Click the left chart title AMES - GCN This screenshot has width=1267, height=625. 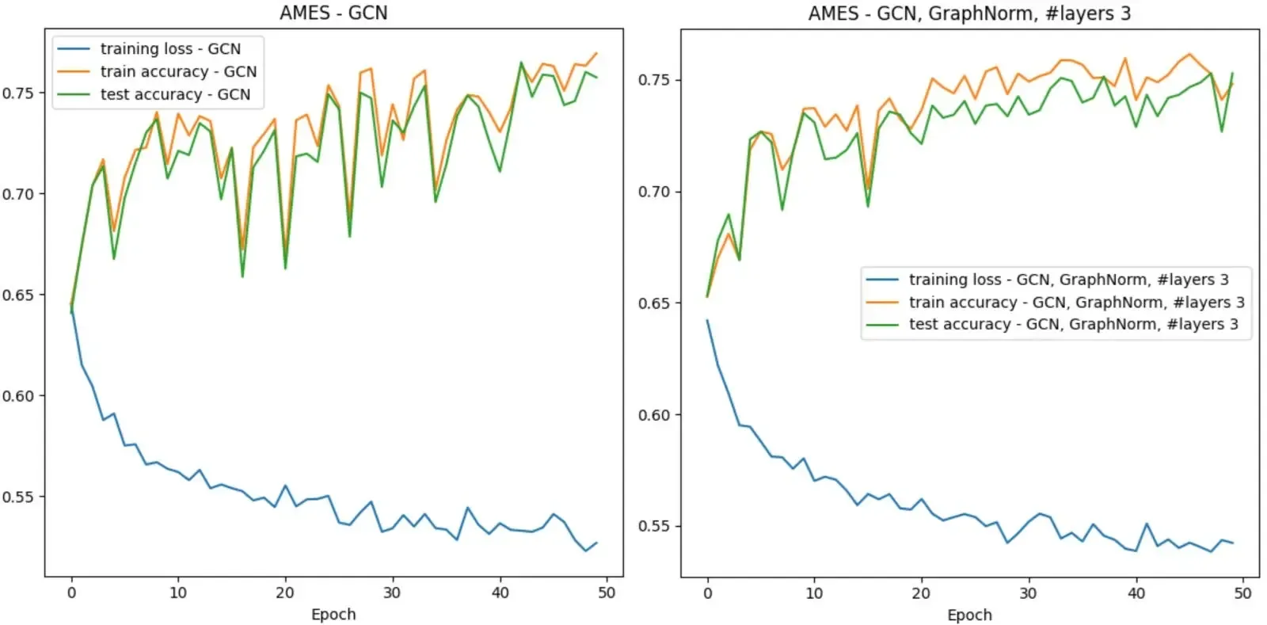[x=333, y=13]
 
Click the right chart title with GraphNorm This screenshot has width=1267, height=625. [x=968, y=13]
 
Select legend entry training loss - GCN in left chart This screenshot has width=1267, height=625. [x=169, y=49]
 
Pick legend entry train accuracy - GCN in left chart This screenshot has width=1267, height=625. [x=177, y=72]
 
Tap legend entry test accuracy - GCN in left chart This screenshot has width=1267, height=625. [x=174, y=94]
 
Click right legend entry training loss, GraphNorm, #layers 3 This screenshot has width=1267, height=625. [x=1067, y=280]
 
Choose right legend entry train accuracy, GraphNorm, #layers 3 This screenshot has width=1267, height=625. [x=1075, y=303]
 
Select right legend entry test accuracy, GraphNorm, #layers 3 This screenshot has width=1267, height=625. [x=1072, y=324]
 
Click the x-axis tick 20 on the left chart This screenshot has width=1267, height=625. [x=285, y=593]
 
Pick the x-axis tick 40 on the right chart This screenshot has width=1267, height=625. [x=1136, y=593]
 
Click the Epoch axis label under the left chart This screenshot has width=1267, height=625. [x=333, y=615]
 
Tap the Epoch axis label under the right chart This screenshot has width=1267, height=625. [x=969, y=615]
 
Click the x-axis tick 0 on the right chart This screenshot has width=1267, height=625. [x=708, y=593]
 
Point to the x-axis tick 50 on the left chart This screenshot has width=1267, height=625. [x=606, y=593]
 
